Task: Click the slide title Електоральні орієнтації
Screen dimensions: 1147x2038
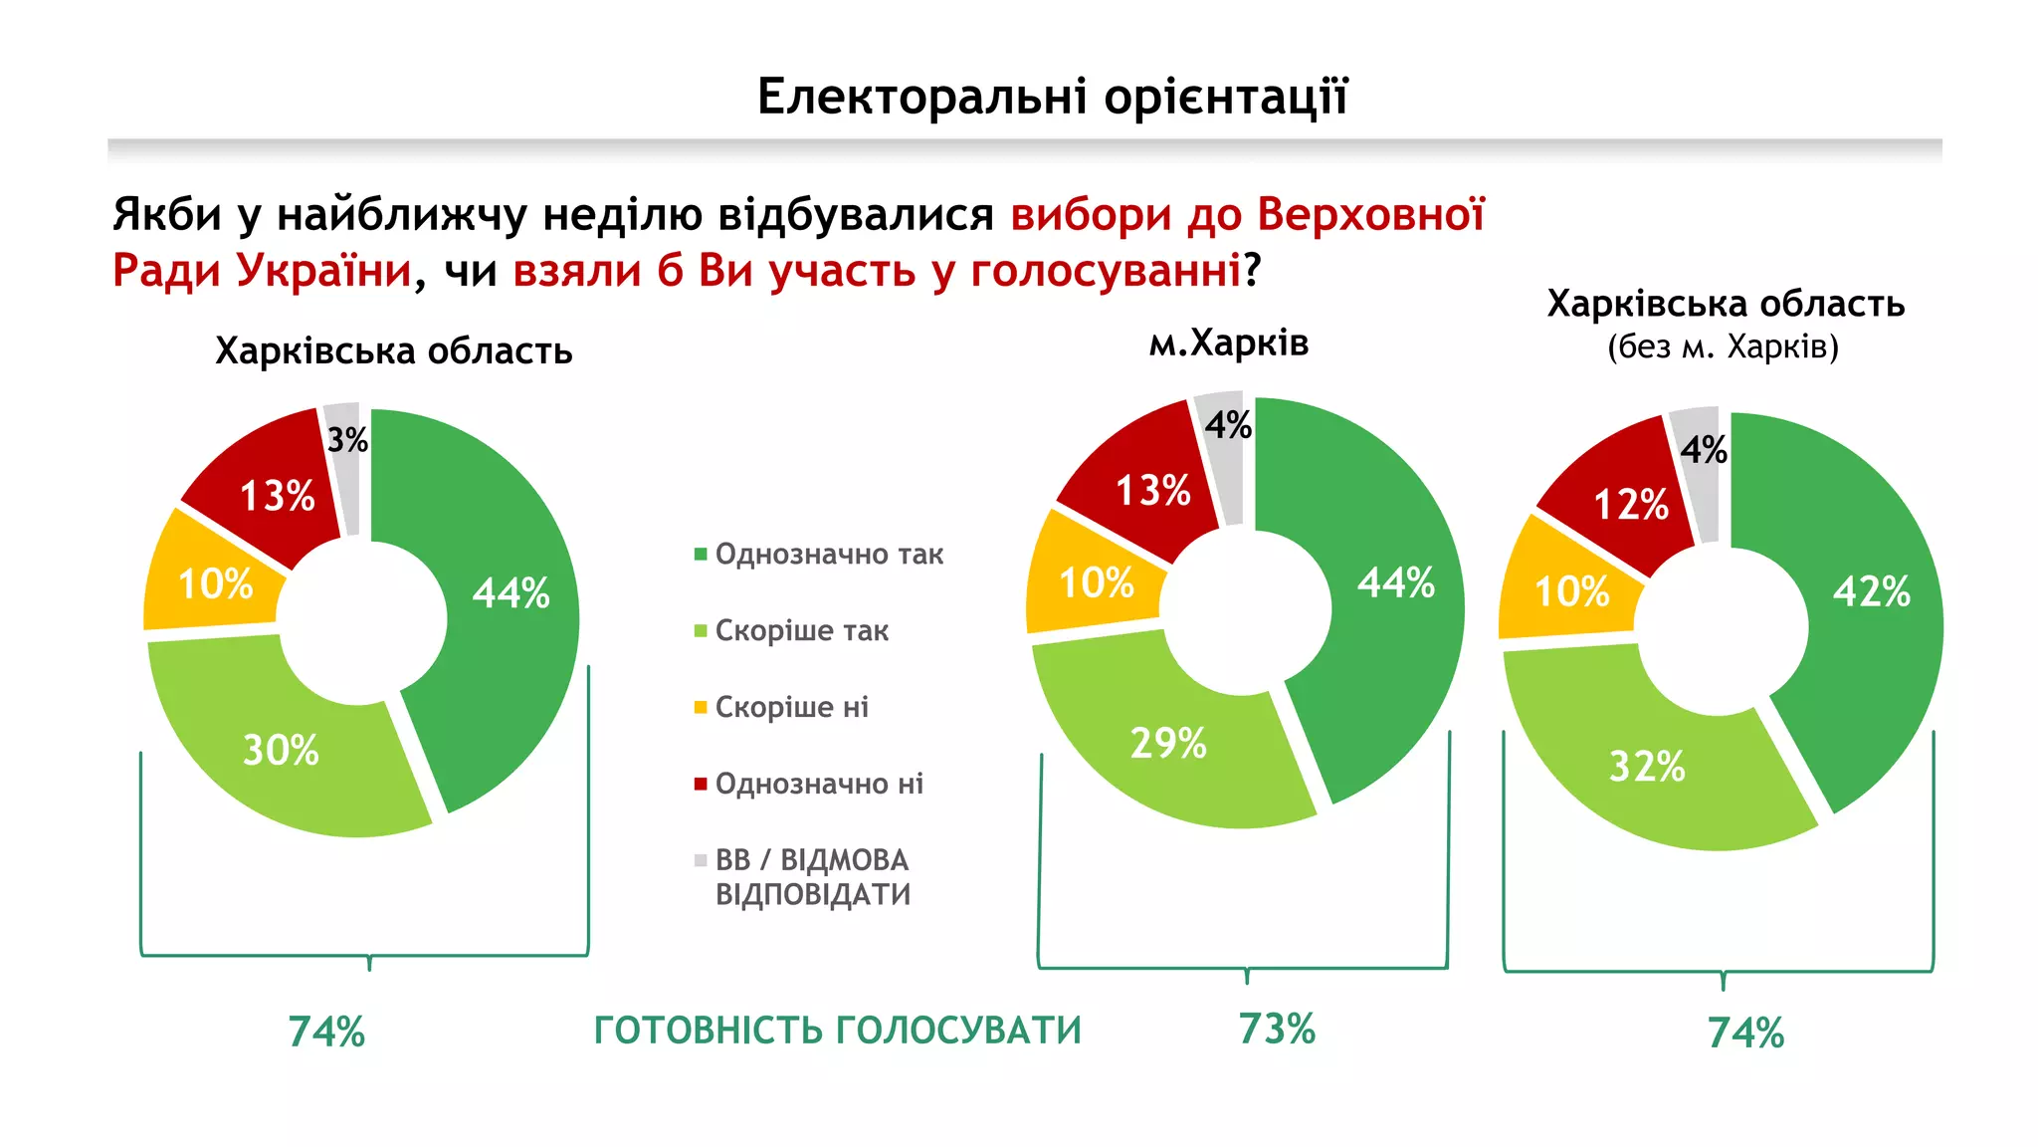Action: coord(1052,97)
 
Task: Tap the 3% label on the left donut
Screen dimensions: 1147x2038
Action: coord(347,439)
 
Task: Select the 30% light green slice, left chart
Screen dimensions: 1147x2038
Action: coord(282,750)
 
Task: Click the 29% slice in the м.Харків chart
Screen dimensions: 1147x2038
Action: coord(1168,743)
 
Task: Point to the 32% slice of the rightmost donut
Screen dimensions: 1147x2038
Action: coord(1647,767)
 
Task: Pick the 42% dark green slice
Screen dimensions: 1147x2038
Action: coord(1871,591)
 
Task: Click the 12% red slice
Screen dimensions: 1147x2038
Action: coord(1631,504)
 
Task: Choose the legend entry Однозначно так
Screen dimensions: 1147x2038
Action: coord(828,555)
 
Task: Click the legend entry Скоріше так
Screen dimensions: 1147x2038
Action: coord(801,631)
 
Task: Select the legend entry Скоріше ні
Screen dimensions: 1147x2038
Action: coord(791,708)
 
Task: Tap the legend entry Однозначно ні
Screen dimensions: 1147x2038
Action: coord(818,785)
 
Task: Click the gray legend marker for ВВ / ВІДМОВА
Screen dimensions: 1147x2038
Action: coord(701,860)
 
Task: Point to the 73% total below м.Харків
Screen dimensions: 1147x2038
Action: coord(1277,1029)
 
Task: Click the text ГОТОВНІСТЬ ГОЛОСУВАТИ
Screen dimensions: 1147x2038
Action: coord(837,1031)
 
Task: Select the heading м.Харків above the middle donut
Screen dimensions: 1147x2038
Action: coord(1228,344)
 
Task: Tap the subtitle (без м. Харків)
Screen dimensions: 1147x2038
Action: coord(1723,347)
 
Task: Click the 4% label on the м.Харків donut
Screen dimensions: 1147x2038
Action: coord(1228,425)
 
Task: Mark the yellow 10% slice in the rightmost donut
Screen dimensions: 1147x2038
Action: coord(1571,591)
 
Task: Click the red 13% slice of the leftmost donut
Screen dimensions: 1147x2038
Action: coord(277,496)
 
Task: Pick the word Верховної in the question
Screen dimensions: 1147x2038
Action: coord(1370,215)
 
